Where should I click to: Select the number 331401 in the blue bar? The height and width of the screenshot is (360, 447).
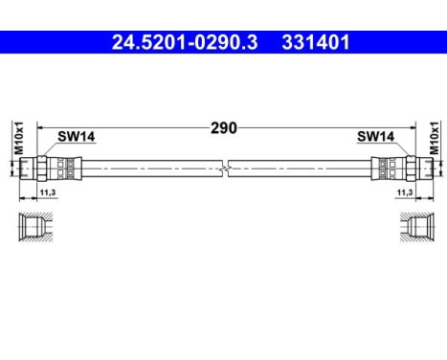pos(315,42)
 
